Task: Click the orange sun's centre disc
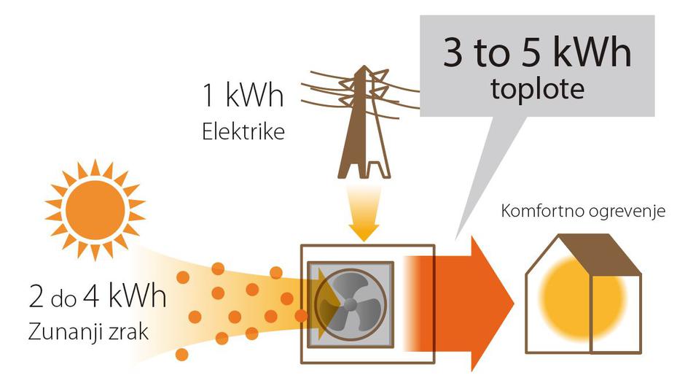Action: (x=95, y=208)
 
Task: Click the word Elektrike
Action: (x=243, y=133)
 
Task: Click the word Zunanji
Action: (x=64, y=333)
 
